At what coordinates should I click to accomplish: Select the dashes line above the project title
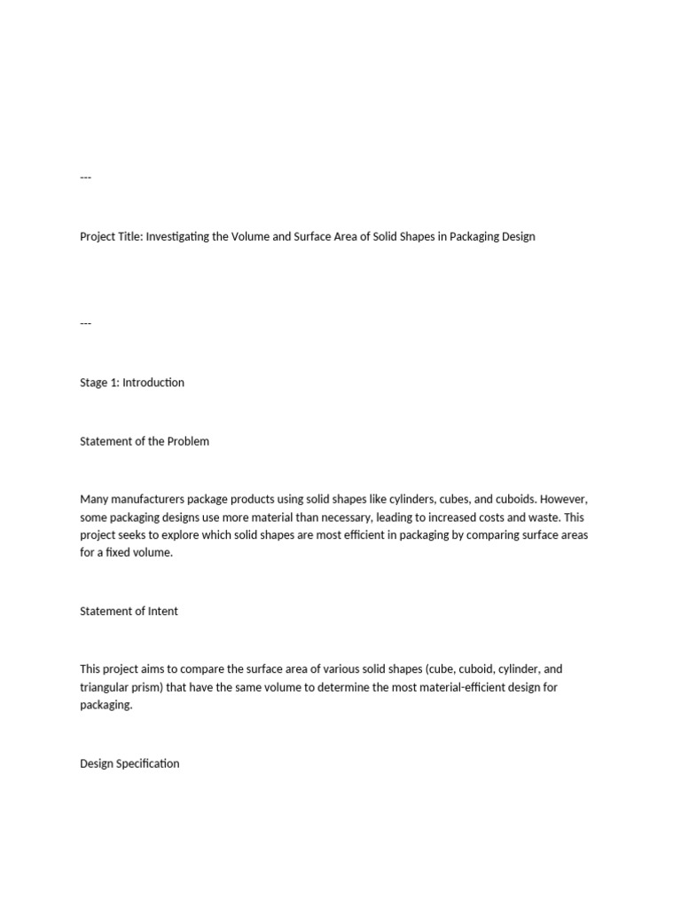pos(86,178)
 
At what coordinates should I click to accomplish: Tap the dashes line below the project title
pos(86,323)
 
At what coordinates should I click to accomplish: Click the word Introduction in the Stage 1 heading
pos(153,383)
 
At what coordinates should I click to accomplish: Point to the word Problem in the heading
pos(188,441)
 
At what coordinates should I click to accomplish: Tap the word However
pos(560,500)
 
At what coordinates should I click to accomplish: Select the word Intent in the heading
pos(162,611)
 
